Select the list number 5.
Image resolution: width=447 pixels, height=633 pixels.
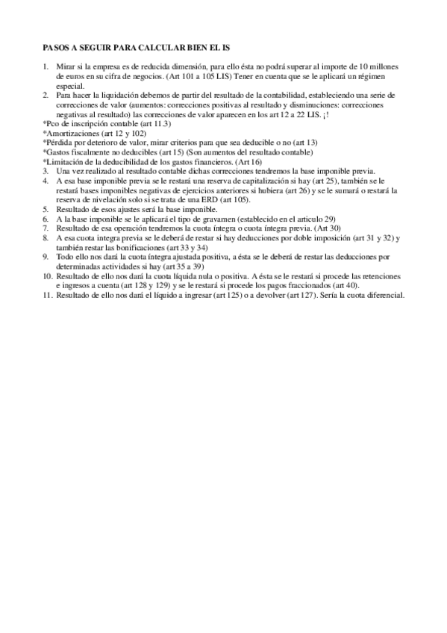[46, 211]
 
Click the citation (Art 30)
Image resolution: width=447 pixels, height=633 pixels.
[328, 228]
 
